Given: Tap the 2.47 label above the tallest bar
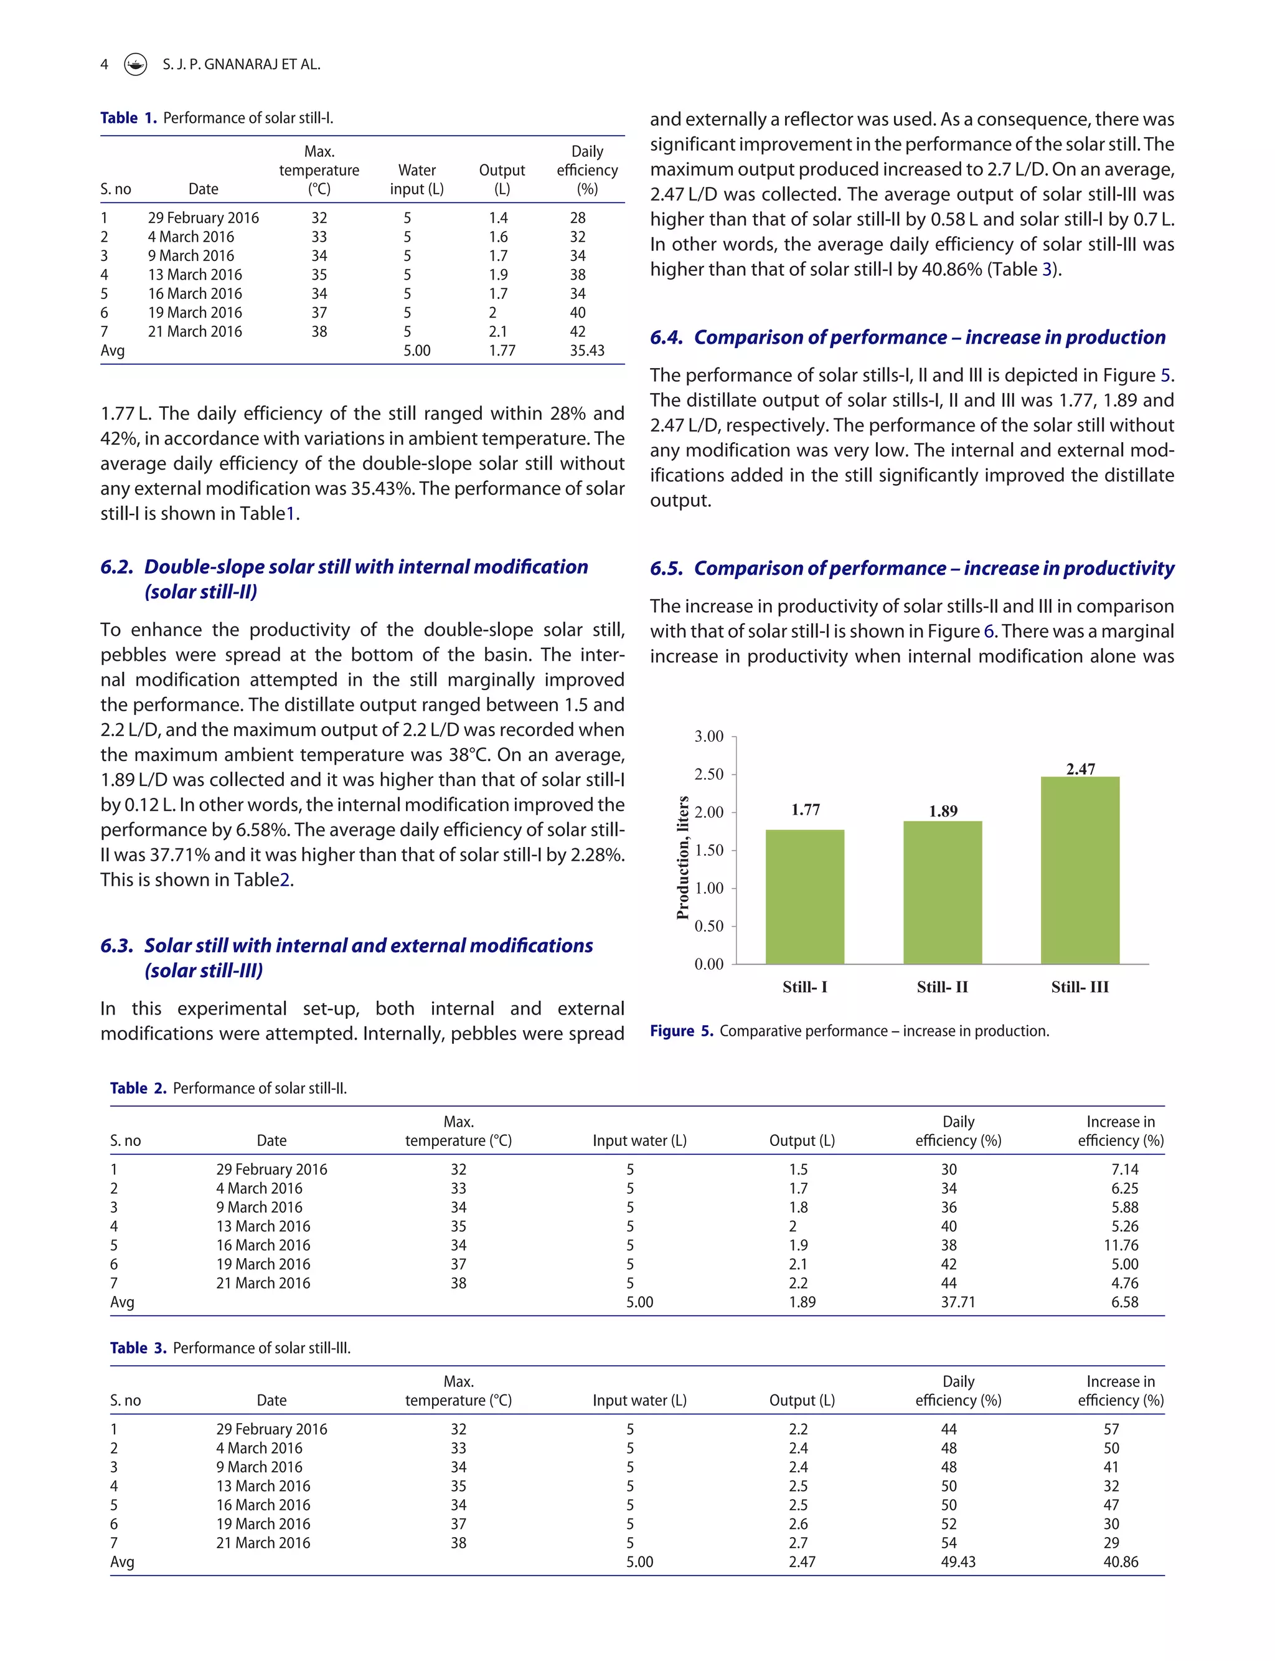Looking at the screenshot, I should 1080,769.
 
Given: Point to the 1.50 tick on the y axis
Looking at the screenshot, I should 709,850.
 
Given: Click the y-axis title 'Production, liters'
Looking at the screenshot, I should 682,857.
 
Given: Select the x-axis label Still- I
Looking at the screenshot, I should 804,987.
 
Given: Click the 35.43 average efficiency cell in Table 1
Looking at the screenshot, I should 586,351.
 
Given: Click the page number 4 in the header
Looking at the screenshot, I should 104,65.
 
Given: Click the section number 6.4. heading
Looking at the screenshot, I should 666,338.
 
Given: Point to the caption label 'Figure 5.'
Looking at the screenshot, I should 680,1031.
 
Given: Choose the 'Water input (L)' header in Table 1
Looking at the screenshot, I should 416,179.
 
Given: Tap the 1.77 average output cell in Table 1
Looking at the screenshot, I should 502,351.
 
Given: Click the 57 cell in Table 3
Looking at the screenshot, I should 1111,1429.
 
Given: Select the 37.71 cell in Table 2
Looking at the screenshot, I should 957,1302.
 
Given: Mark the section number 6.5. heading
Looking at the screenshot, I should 666,569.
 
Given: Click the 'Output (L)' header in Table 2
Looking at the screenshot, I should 801,1140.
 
